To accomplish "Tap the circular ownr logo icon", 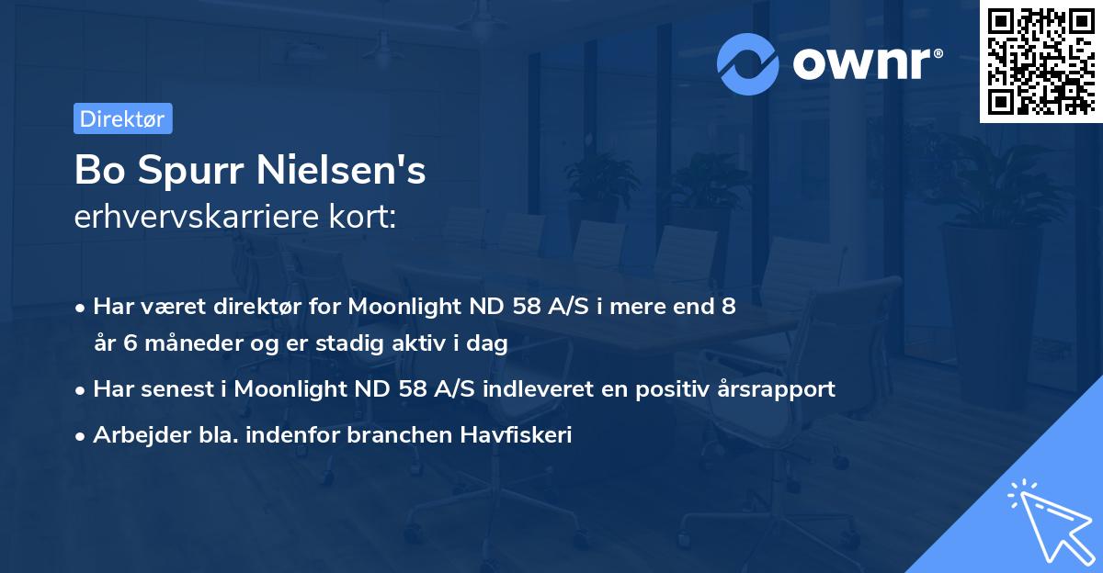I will click(748, 63).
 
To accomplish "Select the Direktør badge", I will click(122, 118).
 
